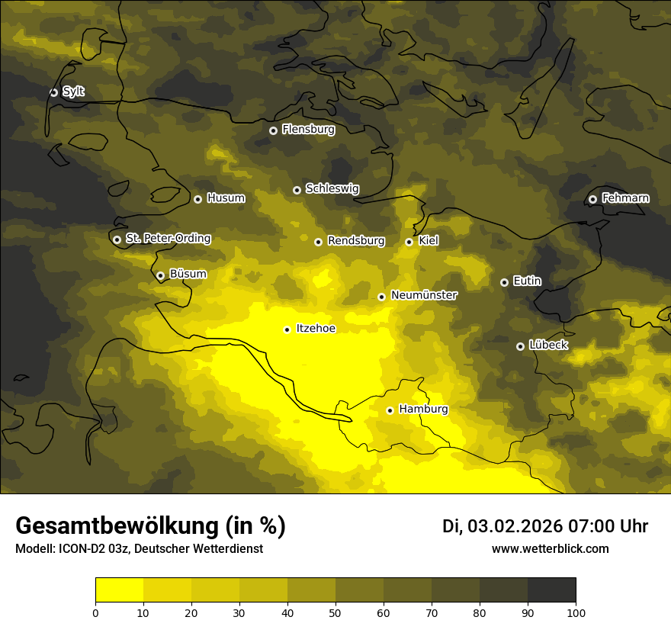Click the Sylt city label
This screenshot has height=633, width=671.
(x=73, y=92)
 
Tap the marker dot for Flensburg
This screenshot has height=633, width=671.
(x=273, y=130)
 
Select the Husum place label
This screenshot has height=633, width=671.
(x=226, y=198)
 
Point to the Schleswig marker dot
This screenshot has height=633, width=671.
(x=297, y=190)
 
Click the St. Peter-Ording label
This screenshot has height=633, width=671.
(x=168, y=239)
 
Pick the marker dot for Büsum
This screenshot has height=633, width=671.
(x=160, y=276)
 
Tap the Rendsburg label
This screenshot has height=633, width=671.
(x=355, y=241)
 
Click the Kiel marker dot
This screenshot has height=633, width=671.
(x=409, y=242)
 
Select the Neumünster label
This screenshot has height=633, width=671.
(x=423, y=295)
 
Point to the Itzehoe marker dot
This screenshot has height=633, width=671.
(x=287, y=329)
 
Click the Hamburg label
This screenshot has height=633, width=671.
(x=423, y=410)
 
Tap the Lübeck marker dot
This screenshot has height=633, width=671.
(x=520, y=346)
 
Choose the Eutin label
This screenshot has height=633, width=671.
(x=527, y=281)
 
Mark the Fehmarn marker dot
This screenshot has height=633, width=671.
(x=592, y=199)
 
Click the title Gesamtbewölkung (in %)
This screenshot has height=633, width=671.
(x=150, y=526)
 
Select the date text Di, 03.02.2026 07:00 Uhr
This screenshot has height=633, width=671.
(x=545, y=526)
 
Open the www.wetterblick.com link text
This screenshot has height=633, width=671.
(x=550, y=548)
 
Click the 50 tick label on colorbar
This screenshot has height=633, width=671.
(x=335, y=612)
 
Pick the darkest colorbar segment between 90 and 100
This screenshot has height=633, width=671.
(x=551, y=590)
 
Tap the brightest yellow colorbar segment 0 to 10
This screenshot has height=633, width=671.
(x=119, y=590)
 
